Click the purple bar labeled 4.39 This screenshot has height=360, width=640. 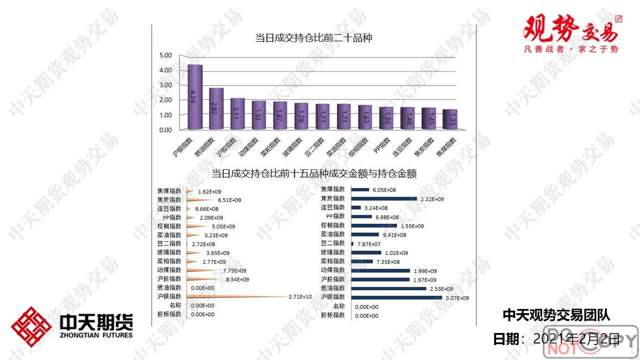point(194,97)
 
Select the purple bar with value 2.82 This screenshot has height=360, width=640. point(216,109)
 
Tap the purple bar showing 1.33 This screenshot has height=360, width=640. point(450,120)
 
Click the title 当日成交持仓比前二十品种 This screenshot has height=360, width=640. point(313,38)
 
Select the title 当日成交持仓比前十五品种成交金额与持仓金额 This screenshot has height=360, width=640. point(314,174)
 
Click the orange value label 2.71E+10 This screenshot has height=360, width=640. point(300,296)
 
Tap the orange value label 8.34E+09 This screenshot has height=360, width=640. point(237,279)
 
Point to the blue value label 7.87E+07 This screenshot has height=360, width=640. point(368,244)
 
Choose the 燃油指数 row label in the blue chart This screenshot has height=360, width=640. point(332,288)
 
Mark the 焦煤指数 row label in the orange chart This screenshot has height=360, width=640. point(169,190)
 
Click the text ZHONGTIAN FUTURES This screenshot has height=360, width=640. point(96,335)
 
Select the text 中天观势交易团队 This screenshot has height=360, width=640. point(556,314)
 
